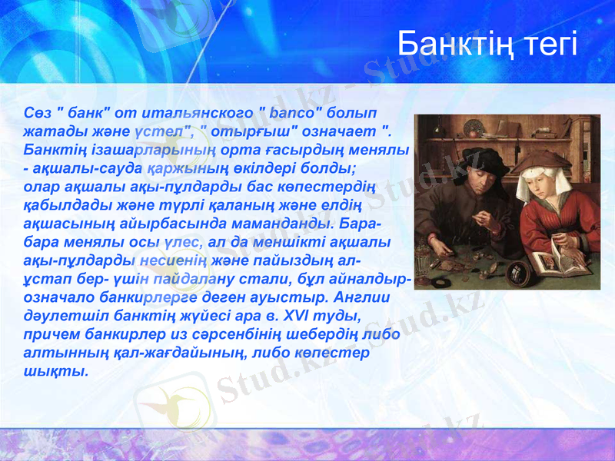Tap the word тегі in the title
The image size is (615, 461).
pos(547,45)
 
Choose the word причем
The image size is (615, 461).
pos(51,332)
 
